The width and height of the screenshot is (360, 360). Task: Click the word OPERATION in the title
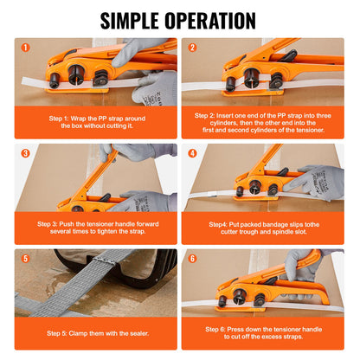pos(214,20)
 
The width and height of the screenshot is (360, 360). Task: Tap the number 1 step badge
pos(25,48)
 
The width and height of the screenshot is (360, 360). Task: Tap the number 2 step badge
pos(192,48)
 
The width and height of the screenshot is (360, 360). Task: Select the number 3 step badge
pos(25,153)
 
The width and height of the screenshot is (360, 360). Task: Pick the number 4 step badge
pos(192,153)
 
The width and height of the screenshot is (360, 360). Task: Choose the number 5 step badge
pos(25,259)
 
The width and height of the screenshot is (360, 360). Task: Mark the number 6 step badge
pos(192,259)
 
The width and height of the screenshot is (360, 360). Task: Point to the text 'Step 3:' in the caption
pos(48,222)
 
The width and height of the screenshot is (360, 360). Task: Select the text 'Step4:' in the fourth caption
pos(220,222)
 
